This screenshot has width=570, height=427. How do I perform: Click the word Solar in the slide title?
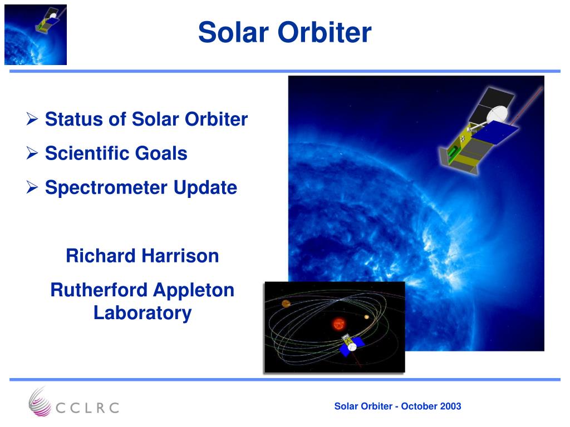pyautogui.click(x=233, y=32)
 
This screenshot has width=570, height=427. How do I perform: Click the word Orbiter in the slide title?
pyautogui.click(x=325, y=32)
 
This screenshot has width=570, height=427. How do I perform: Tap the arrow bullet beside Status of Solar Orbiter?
pyautogui.click(x=32, y=119)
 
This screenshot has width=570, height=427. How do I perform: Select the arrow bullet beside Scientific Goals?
pyautogui.click(x=32, y=153)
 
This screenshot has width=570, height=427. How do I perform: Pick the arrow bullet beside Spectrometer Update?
pyautogui.click(x=32, y=187)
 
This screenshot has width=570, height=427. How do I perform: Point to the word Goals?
pyautogui.click(x=161, y=153)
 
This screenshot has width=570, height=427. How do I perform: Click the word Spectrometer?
pyautogui.click(x=106, y=188)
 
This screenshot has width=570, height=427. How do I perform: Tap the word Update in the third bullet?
pyautogui.click(x=205, y=188)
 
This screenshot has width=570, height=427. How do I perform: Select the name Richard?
pyautogui.click(x=101, y=256)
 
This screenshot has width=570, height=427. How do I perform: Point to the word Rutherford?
pyautogui.click(x=99, y=290)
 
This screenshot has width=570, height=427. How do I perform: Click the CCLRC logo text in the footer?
pyautogui.click(x=87, y=408)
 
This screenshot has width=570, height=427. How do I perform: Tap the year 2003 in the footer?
pyautogui.click(x=450, y=406)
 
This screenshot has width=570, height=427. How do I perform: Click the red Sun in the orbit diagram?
pyautogui.click(x=339, y=324)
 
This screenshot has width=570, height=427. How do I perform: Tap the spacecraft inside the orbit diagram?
pyautogui.click(x=351, y=345)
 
